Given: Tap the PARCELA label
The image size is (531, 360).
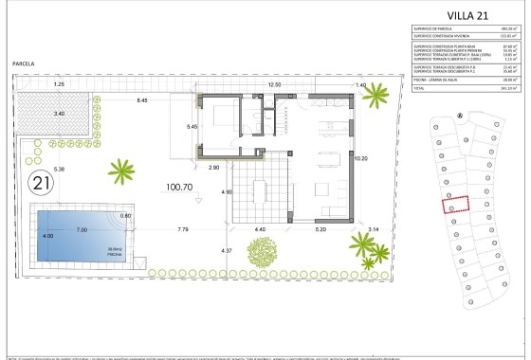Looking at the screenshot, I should (x=24, y=63).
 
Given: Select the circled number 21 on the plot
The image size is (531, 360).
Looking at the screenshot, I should (x=41, y=181).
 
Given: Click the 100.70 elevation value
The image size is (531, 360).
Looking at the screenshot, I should (x=180, y=188).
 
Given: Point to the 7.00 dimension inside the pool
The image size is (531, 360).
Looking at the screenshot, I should (x=82, y=230).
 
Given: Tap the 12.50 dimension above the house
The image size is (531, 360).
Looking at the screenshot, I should (x=276, y=85).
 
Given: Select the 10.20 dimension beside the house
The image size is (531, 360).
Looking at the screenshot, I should (x=359, y=159).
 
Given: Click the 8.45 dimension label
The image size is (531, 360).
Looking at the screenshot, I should (x=142, y=99).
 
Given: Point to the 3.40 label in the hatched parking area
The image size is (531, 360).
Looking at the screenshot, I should (x=60, y=114).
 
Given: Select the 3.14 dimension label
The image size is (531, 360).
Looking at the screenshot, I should (x=373, y=230).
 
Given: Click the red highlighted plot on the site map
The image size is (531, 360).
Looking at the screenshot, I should (x=458, y=205).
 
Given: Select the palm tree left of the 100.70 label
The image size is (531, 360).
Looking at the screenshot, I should (x=121, y=171).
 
